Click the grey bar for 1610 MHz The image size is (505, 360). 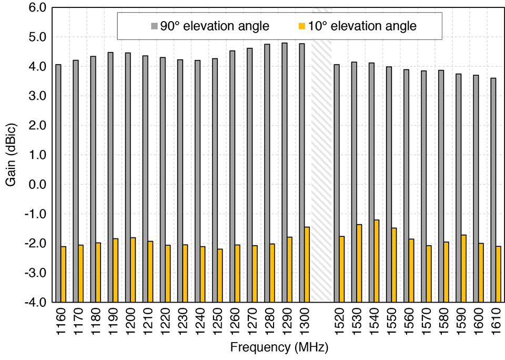pos(493,190)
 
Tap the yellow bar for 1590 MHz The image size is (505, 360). pos(463,268)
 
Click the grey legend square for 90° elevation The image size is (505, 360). pos(154,26)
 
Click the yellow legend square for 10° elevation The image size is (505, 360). pos(301,26)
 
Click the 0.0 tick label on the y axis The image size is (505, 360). pos(39,185)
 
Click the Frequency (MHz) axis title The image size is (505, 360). pos(279,348)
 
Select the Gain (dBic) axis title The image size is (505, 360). pos(11,155)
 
